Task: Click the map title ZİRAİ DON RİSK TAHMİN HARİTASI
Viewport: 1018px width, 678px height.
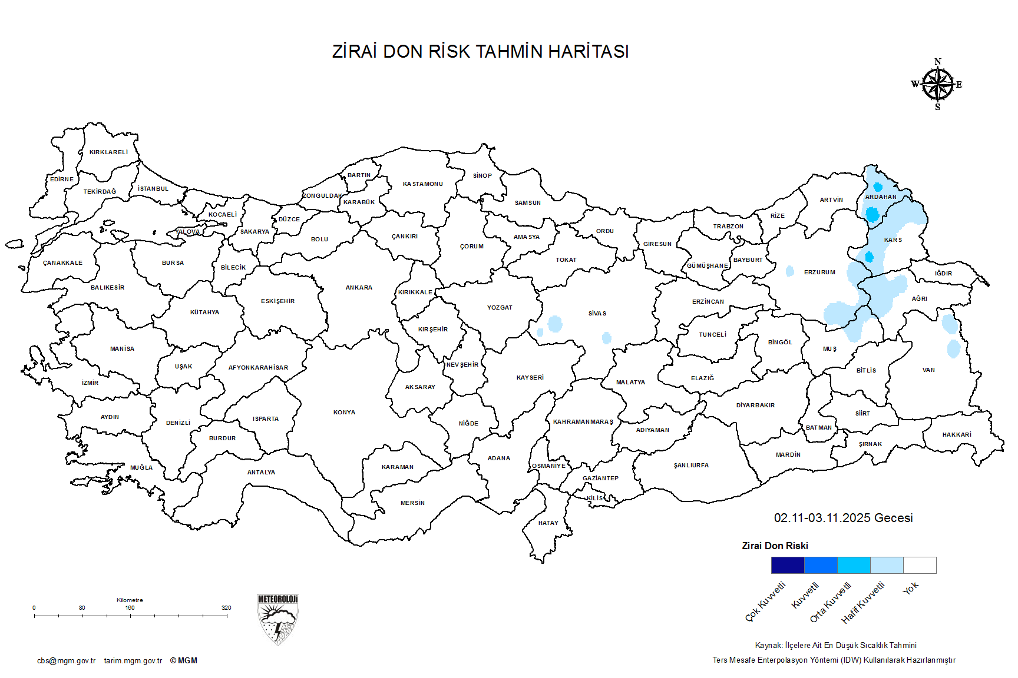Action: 480,52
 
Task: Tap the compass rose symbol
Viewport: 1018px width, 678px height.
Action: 937,85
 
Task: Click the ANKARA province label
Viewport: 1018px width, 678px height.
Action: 359,288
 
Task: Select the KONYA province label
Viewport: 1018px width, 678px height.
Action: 344,413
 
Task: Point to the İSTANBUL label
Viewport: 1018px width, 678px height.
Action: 153,189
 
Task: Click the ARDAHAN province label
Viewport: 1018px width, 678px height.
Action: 881,197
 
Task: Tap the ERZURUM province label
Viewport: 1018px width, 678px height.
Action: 819,272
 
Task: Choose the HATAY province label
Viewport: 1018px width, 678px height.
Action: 548,523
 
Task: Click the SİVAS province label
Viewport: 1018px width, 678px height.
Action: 597,314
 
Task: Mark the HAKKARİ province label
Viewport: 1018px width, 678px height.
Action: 957,435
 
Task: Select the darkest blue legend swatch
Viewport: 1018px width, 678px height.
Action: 788,566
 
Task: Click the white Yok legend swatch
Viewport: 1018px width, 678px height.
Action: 920,566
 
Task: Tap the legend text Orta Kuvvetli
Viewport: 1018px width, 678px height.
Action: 831,602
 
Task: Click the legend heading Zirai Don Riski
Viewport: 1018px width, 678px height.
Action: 775,546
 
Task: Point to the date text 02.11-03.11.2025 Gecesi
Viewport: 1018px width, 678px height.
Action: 843,518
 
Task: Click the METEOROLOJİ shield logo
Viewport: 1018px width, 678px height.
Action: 277,619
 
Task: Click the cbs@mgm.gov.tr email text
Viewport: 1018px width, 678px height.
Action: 66,661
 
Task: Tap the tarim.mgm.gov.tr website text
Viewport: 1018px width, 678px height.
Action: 133,661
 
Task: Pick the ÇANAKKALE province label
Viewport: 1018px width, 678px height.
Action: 63,263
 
